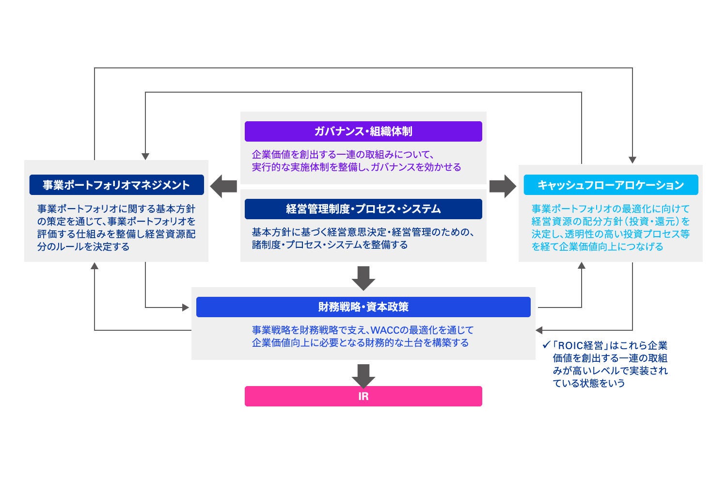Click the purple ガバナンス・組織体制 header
[363, 131]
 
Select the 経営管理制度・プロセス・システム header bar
[363, 209]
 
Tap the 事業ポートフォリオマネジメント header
[116, 185]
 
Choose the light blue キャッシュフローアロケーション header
[611, 185]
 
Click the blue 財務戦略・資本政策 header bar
[363, 307]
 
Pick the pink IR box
[363, 396]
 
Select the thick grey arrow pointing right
[503, 186]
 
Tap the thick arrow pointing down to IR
[363, 375]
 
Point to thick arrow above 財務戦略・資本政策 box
[363, 277]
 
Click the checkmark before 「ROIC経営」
[546, 345]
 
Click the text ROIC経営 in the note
[580, 346]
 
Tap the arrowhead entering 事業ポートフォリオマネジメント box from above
[145, 157]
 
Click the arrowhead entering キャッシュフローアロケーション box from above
[632, 160]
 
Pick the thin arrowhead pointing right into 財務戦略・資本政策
[185, 307]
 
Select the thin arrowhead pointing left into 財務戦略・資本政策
[539, 330]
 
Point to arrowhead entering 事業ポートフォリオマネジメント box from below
[95, 266]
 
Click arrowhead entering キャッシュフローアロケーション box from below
[581, 266]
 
